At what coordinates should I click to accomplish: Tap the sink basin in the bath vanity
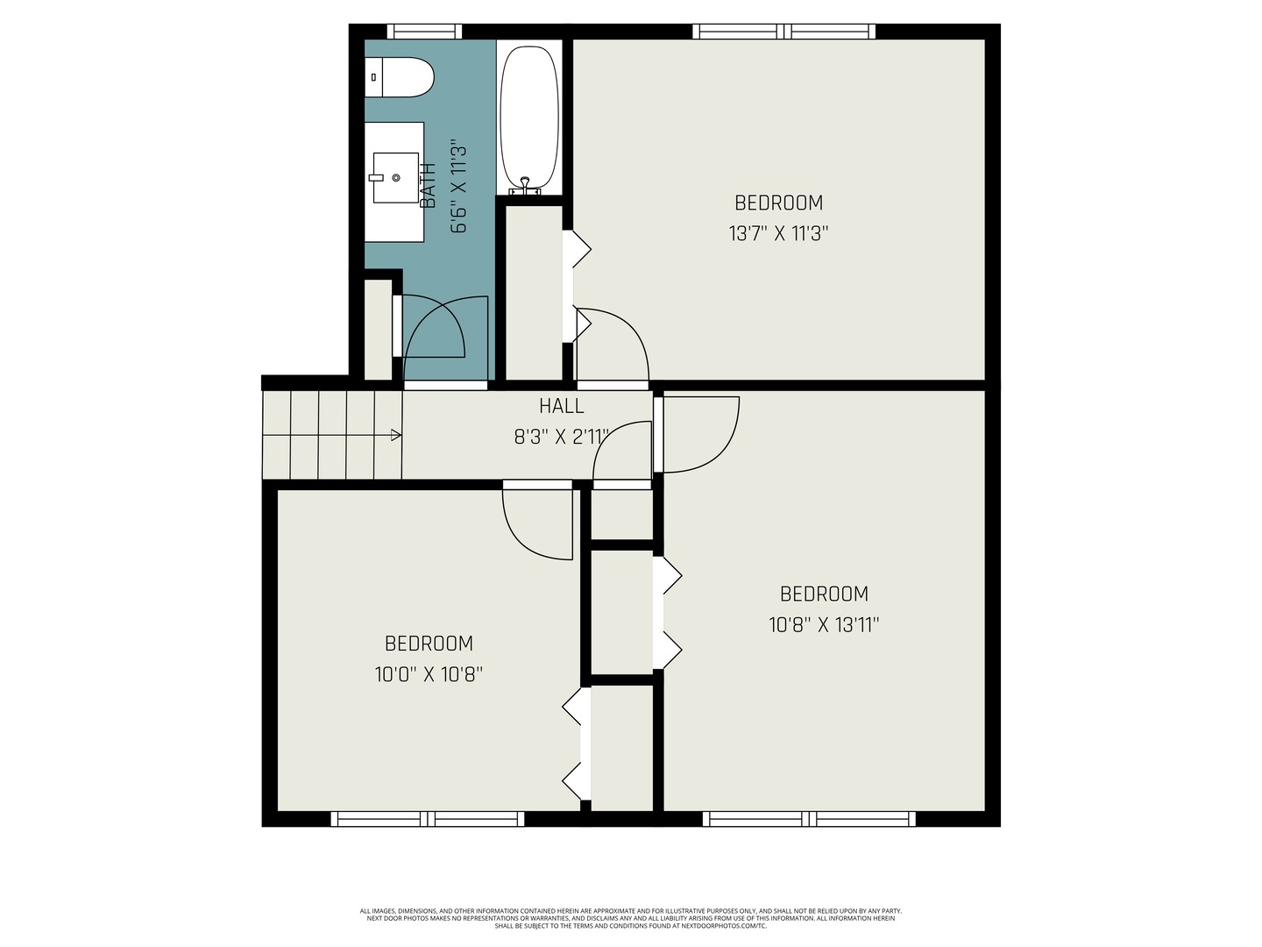(x=395, y=178)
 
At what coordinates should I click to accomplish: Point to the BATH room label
(x=429, y=186)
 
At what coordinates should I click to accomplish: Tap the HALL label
(x=561, y=406)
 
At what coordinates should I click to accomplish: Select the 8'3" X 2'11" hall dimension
(x=561, y=436)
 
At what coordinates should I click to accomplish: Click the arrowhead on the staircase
(x=396, y=435)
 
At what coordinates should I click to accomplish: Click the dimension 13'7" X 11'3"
(x=778, y=234)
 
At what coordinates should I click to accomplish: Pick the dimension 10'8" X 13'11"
(x=824, y=625)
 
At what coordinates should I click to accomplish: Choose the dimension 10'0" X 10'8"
(x=429, y=675)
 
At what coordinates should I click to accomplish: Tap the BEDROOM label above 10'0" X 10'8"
(x=429, y=644)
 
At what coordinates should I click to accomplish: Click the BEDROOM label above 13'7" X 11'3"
(x=778, y=203)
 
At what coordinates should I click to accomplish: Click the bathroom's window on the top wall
(x=424, y=32)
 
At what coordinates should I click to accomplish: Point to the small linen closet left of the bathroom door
(x=378, y=330)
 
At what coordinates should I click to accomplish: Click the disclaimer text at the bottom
(x=630, y=918)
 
